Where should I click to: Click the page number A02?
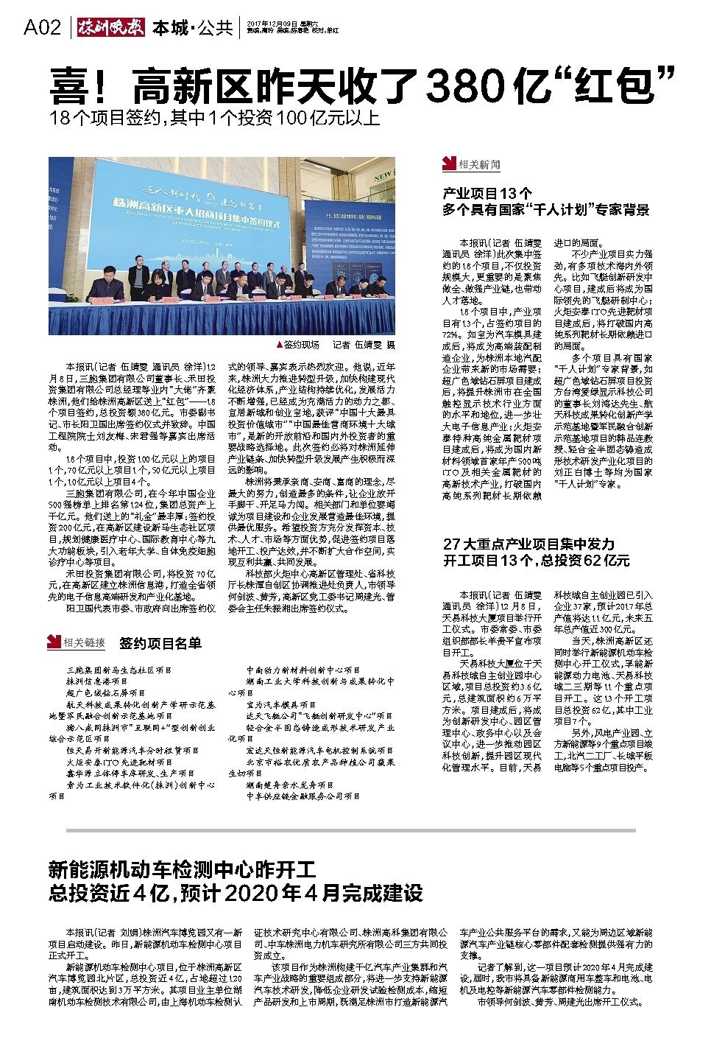(42, 29)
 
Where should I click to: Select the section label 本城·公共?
(192, 29)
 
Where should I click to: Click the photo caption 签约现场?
(302, 344)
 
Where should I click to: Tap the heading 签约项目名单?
(160, 642)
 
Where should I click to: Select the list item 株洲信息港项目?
(96, 682)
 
